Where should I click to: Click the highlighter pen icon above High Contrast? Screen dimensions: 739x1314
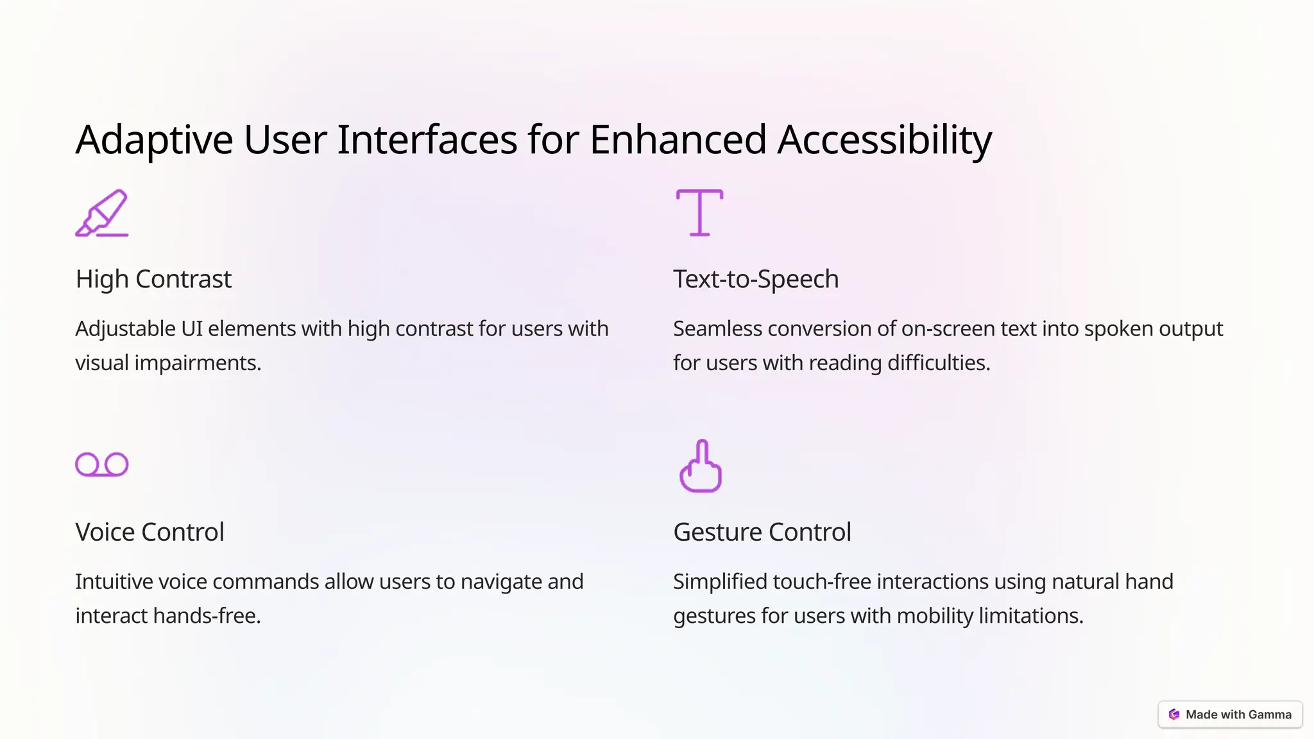pos(102,213)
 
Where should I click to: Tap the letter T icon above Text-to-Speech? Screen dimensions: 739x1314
pos(699,212)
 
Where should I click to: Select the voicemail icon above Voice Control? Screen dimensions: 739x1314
pos(102,464)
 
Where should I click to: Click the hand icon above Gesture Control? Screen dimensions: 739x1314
pos(701,466)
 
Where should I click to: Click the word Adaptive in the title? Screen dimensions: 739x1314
pos(154,140)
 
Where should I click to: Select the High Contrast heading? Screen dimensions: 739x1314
pos(153,279)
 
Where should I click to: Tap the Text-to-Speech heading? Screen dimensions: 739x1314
pos(756,279)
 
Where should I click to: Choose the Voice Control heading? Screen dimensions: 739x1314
pos(149,532)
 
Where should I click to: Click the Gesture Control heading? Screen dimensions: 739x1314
pos(762,532)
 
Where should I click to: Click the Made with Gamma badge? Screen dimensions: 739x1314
pos(1230,715)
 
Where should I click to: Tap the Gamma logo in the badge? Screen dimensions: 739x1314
pos(1174,715)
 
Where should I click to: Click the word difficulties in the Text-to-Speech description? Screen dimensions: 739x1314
pos(939,363)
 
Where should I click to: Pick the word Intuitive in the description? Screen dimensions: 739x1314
pos(114,581)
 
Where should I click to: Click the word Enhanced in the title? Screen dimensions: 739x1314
pos(678,140)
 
